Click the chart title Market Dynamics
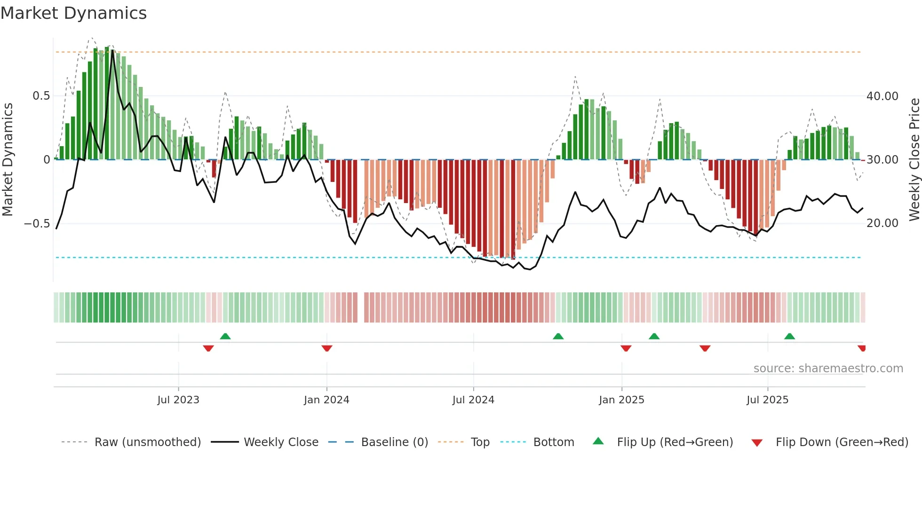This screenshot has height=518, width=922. click(73, 13)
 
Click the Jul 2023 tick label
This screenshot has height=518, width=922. click(178, 400)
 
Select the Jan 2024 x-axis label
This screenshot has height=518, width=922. click(326, 400)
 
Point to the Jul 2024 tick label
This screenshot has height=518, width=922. click(473, 400)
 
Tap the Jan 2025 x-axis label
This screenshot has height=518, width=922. click(621, 400)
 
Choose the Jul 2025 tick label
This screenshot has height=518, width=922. click(767, 400)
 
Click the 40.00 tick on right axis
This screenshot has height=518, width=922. click(882, 96)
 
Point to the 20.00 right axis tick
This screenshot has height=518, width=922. click(882, 223)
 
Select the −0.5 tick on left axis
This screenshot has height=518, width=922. click(37, 223)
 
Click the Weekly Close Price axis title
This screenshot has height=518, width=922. click(914, 160)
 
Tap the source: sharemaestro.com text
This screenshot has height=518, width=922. click(828, 369)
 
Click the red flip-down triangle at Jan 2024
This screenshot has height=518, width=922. click(327, 348)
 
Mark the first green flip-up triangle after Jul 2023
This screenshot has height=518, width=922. click(225, 336)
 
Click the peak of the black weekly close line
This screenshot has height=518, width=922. click(112, 50)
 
